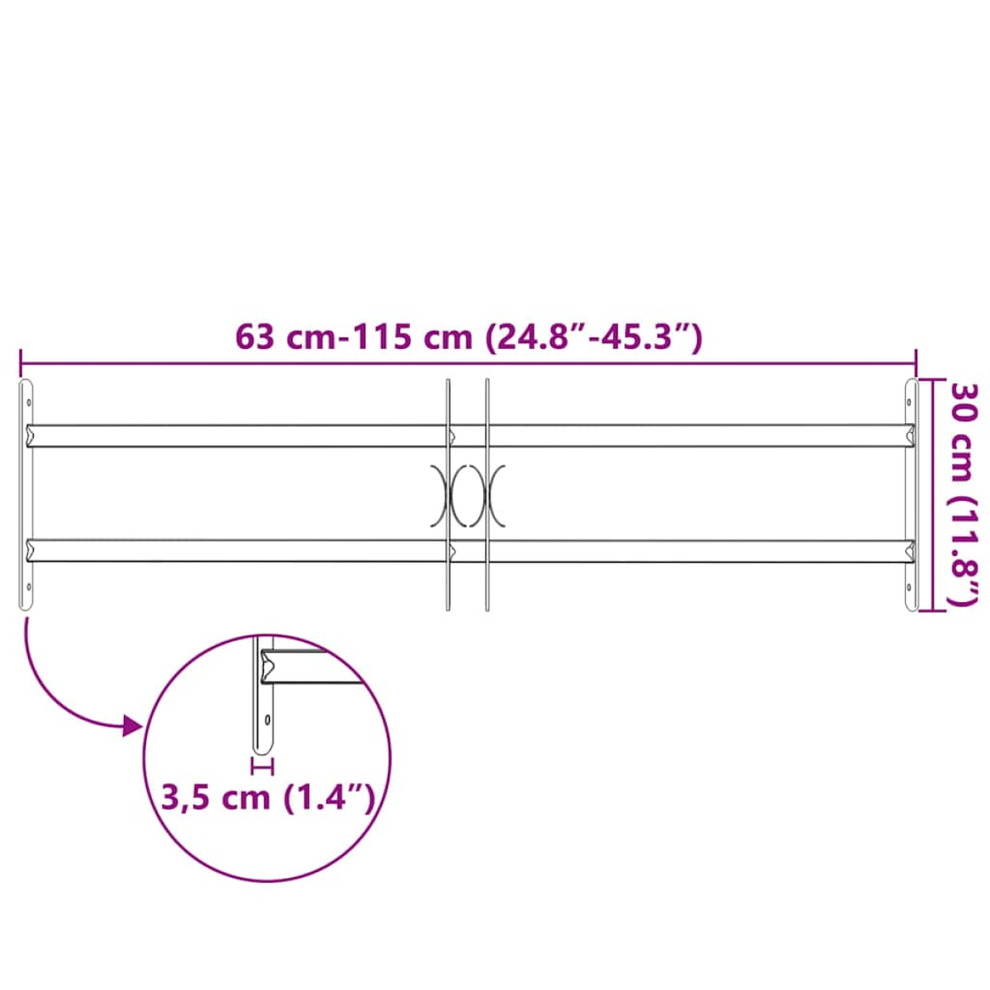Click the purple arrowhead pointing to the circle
coord(133,727)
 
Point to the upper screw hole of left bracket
coord(29,403)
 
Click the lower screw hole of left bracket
coord(29,587)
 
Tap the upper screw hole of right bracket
coord(910,403)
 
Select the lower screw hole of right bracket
coord(910,587)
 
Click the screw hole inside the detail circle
coord(267,719)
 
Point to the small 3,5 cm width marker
coord(262,766)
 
